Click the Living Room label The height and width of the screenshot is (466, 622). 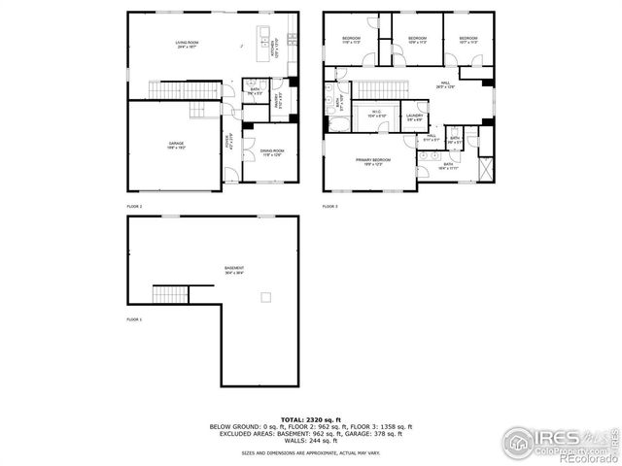(188, 44)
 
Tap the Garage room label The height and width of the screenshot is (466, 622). (176, 145)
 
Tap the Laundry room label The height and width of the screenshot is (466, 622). (414, 118)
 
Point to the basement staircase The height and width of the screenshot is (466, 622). (168, 293)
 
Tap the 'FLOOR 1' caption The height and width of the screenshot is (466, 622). (134, 319)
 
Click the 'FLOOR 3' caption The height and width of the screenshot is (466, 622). (330, 207)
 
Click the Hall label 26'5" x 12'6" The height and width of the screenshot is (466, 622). (445, 84)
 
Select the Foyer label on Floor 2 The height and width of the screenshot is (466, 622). (230, 142)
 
